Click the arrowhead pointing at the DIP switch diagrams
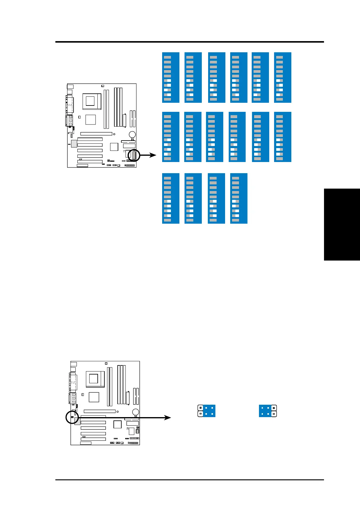point(153,155)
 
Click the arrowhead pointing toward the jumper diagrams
point(168,417)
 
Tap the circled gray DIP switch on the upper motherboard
point(134,155)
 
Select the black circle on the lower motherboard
point(72,417)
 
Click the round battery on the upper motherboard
point(132,135)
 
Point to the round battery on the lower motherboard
point(136,412)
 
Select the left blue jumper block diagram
point(207,411)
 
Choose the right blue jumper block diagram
point(268,411)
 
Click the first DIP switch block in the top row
point(171,77)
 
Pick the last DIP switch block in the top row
point(283,77)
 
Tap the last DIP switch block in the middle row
point(283,137)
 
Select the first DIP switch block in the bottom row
point(171,198)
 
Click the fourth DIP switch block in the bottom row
point(239,198)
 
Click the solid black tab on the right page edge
point(342,224)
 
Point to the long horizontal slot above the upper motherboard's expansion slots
point(96,134)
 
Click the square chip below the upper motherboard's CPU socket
point(90,120)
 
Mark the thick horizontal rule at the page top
point(189,42)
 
